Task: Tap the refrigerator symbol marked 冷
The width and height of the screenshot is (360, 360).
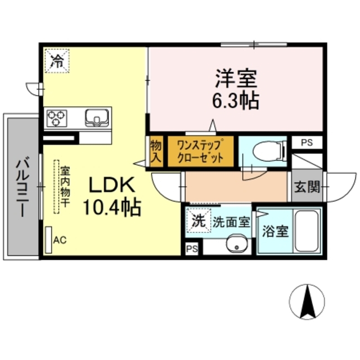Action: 57,60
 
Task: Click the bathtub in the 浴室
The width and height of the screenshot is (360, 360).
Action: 308,231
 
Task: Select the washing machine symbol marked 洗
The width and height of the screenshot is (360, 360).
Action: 197,221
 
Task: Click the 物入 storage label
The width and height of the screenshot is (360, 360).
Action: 156,150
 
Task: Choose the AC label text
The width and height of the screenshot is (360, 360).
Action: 60,240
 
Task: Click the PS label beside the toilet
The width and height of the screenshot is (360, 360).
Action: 307,142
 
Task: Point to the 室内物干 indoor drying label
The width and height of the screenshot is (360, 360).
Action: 65,187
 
